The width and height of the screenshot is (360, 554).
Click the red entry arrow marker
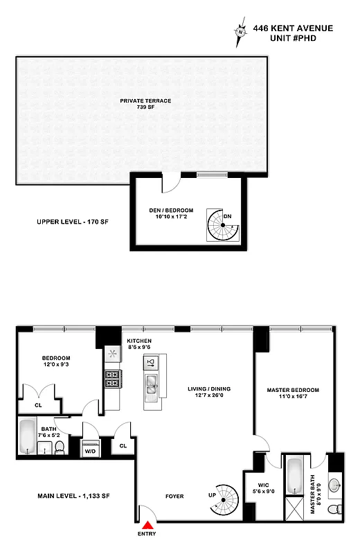(147, 524)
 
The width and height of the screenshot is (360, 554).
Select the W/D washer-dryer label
(90, 451)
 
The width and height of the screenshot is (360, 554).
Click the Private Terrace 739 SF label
(145, 104)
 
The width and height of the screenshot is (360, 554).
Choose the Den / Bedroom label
(170, 214)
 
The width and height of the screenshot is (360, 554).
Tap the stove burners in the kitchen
(111, 378)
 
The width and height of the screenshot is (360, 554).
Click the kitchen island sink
(151, 383)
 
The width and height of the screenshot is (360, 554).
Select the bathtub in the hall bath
(28, 437)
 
